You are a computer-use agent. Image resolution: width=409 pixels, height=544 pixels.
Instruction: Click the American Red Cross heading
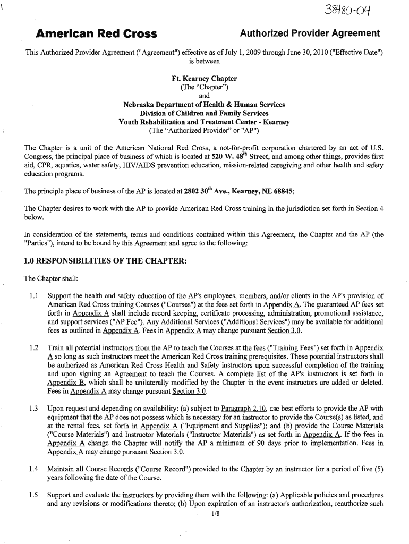tap(96, 35)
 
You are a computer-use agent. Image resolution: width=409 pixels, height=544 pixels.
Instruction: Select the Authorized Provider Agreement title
tap(310, 34)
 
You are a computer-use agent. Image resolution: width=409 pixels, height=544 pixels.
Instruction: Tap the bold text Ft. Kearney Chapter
tap(204, 79)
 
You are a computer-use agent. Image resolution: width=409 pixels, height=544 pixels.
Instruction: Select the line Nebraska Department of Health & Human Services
tap(204, 105)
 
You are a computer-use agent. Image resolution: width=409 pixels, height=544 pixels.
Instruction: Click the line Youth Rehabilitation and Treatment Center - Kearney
tap(204, 122)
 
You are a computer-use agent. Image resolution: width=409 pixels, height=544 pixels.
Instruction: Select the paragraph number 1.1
tap(34, 296)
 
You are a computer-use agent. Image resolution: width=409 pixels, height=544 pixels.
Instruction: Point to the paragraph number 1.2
tap(34, 347)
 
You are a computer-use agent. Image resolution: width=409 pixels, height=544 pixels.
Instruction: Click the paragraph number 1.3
tap(34, 408)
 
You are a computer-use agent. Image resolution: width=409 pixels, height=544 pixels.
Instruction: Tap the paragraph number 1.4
tap(34, 469)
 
